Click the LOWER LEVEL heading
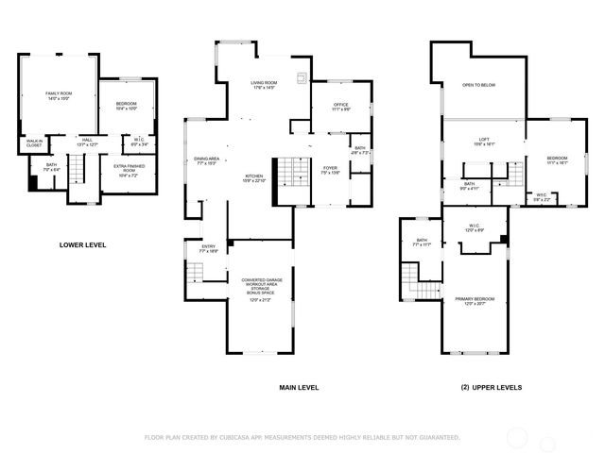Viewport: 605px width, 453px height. pyautogui.click(x=82, y=244)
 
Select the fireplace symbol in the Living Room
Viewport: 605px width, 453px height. pyautogui.click(x=302, y=78)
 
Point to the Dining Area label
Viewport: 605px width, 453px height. pyautogui.click(x=206, y=159)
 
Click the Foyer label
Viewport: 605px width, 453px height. pyautogui.click(x=330, y=170)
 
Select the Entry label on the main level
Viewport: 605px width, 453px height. pyautogui.click(x=208, y=249)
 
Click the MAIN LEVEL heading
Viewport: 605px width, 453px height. pyautogui.click(x=299, y=387)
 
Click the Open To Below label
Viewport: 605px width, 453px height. pyautogui.click(x=479, y=85)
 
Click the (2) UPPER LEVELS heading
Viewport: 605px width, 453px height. pyautogui.click(x=491, y=387)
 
